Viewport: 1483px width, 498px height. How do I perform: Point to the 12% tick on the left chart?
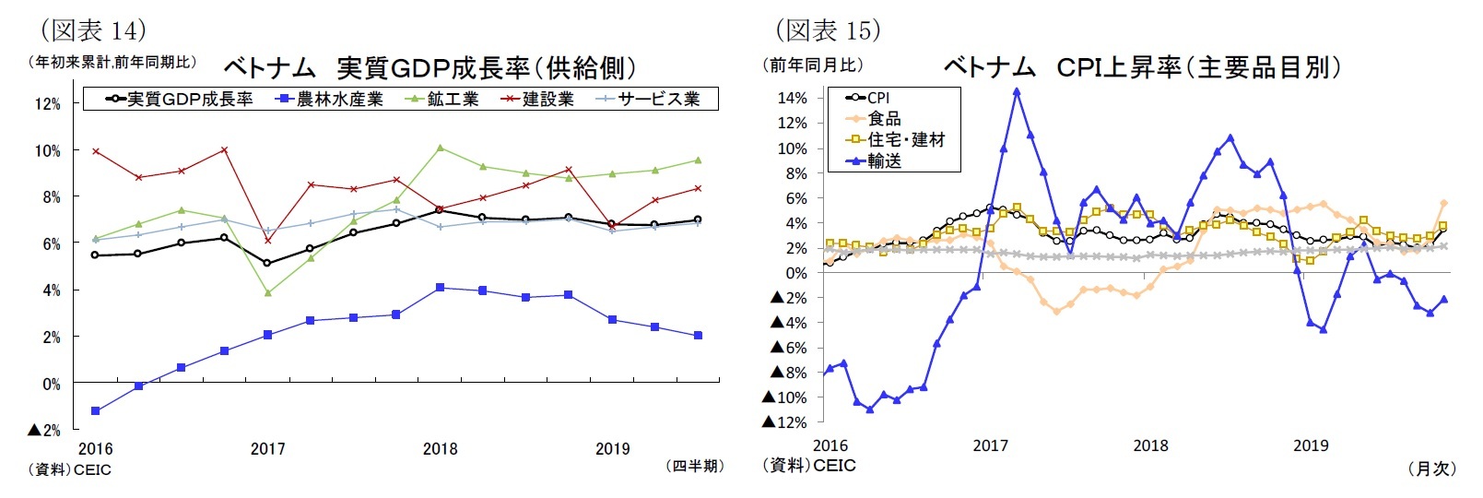point(48,104)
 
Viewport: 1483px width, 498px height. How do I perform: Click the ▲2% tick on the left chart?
point(44,431)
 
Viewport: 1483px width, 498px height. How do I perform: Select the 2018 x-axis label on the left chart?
point(440,449)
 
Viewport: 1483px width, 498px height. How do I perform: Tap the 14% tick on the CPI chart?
point(792,98)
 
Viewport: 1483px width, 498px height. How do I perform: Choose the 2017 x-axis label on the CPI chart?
point(990,445)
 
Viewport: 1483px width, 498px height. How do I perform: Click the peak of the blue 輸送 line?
point(1017,91)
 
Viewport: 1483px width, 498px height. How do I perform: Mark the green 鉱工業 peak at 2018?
point(440,148)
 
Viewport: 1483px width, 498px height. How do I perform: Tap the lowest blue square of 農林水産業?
point(96,411)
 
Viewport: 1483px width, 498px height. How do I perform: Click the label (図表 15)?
point(828,30)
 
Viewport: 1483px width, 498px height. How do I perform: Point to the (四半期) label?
point(694,467)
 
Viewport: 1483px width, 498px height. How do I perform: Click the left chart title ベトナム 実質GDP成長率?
point(430,67)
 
